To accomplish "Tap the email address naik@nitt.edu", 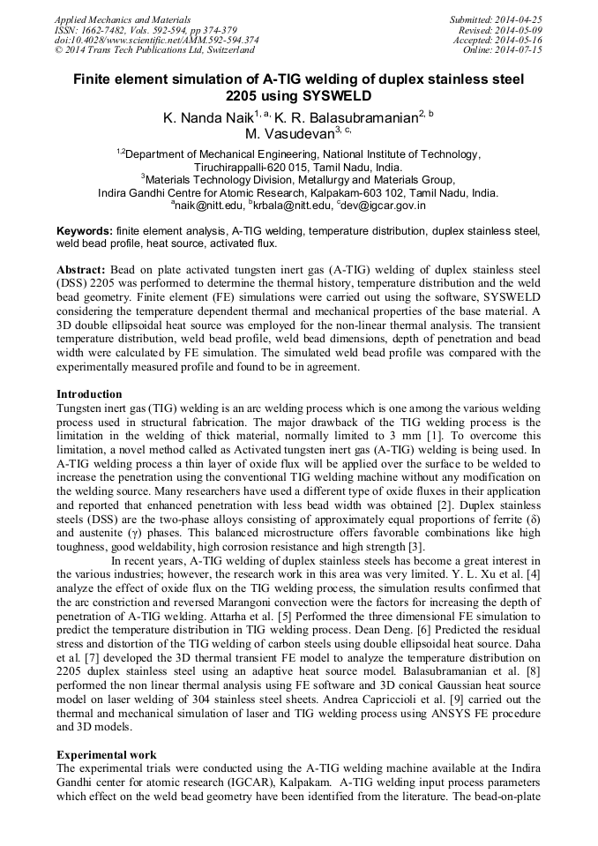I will pos(208,206).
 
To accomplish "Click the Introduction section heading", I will pos(89,393).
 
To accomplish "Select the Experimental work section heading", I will pos(107,754).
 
